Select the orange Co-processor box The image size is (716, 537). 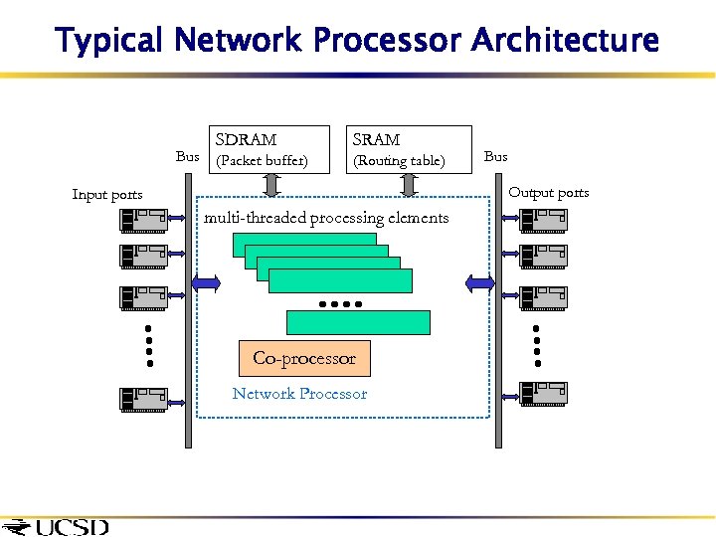click(304, 358)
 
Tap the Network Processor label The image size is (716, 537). click(299, 394)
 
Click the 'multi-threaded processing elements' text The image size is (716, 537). click(326, 218)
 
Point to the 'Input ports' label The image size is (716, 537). click(107, 195)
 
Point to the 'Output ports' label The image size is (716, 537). click(549, 193)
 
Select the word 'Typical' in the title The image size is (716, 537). click(109, 41)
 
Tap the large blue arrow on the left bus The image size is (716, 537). click(206, 283)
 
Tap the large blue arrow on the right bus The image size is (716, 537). click(480, 283)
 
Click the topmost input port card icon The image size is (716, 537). click(143, 219)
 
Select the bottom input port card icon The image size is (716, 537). click(143, 398)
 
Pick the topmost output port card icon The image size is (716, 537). click(543, 219)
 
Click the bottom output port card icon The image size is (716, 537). click(543, 395)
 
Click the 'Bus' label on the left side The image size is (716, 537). click(187, 156)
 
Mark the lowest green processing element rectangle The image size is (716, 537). click(358, 322)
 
